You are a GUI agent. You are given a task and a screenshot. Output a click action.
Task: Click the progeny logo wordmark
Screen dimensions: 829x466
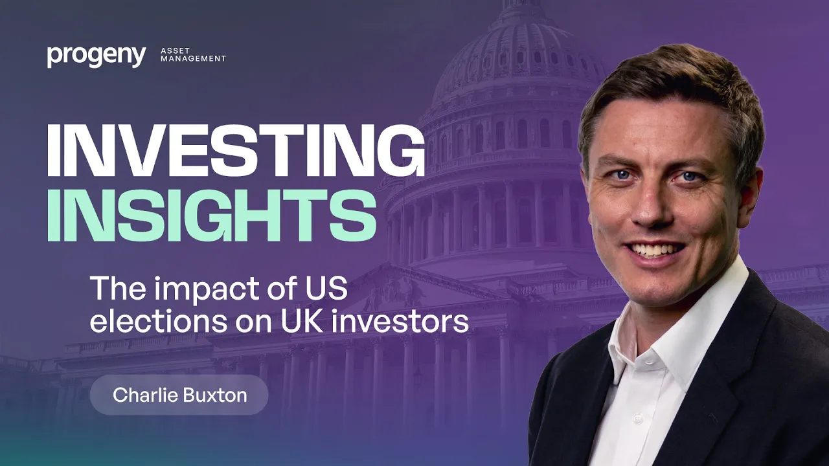(x=97, y=56)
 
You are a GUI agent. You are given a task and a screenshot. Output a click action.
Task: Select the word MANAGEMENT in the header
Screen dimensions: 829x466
(x=193, y=58)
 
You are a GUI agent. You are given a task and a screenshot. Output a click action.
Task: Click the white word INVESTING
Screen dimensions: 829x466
(x=236, y=150)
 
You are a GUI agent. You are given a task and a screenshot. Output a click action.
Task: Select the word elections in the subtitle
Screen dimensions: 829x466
(x=159, y=320)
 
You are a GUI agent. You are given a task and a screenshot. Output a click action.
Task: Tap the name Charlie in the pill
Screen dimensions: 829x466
(x=145, y=395)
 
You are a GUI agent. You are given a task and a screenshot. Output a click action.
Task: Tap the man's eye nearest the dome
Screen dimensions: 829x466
(x=622, y=174)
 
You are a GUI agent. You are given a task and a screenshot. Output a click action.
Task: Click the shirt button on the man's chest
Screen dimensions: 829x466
(x=637, y=419)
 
